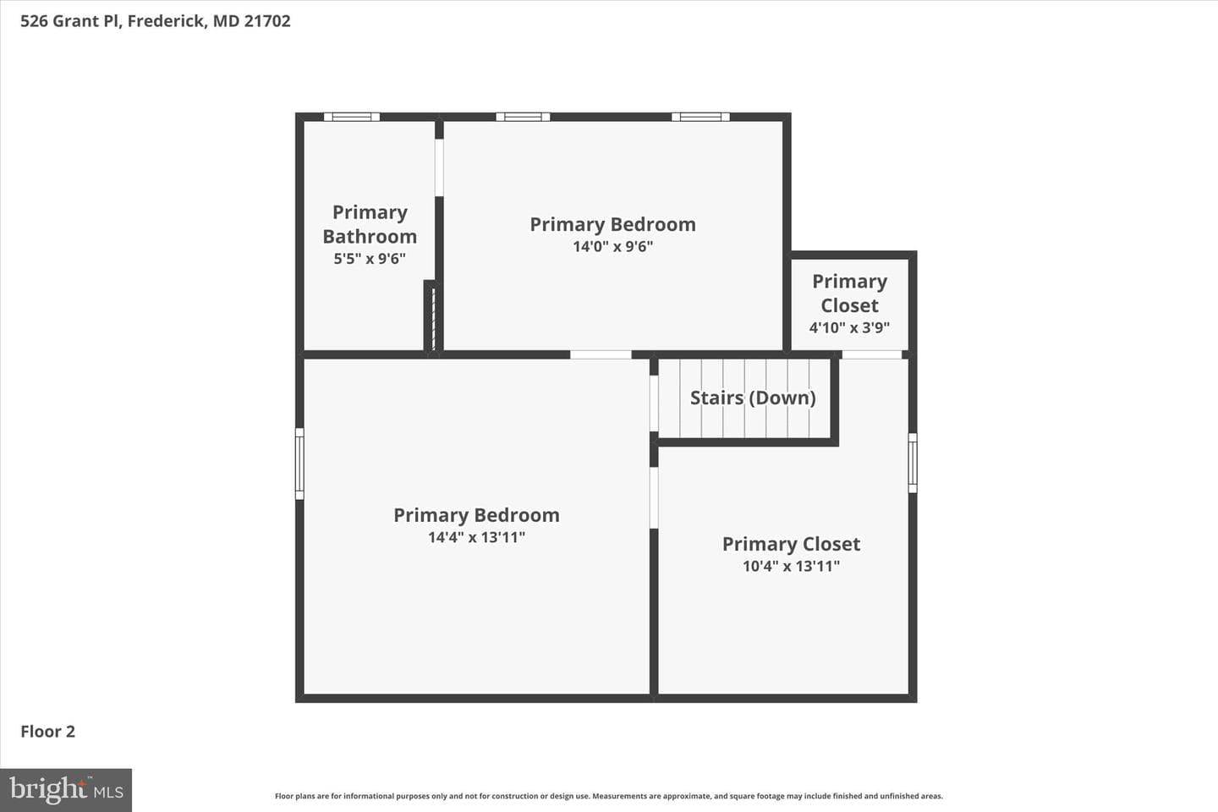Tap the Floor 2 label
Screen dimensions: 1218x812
48,732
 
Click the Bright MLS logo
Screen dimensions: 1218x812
66,790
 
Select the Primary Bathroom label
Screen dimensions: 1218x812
370,224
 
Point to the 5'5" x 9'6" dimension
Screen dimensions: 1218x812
370,258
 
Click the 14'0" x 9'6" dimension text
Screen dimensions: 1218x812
612,246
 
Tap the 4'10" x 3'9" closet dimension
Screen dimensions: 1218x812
849,327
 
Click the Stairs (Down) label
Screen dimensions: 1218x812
753,398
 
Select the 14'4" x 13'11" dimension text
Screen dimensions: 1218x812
476,537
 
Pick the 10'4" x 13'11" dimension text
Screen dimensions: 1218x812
791,566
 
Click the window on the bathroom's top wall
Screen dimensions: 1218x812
352,117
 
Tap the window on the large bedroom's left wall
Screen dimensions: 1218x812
299,464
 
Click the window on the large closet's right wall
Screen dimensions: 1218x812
913,463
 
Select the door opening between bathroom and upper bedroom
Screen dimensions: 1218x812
439,167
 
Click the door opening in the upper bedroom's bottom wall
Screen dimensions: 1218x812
601,354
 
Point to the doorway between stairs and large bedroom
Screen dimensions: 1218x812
654,403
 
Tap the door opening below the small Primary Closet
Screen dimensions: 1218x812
871,354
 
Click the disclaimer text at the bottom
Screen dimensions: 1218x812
609,796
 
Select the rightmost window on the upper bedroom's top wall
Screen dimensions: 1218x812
700,117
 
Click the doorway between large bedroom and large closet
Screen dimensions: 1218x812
654,497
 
